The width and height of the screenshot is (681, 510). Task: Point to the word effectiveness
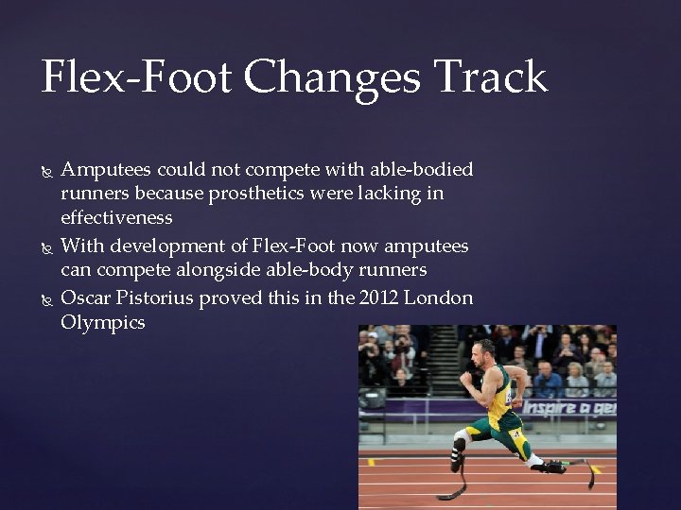pos(116,217)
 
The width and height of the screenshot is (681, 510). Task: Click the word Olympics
pos(103,322)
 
